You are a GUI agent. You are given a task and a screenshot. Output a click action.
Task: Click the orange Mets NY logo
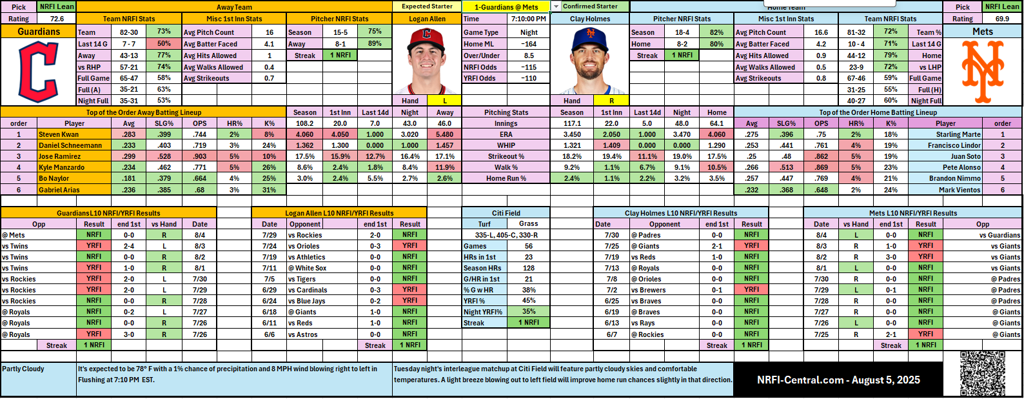pyautogui.click(x=983, y=71)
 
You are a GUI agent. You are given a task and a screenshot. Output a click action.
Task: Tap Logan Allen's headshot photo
pyautogui.click(x=427, y=61)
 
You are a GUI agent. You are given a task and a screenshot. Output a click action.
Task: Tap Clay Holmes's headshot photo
pyautogui.click(x=589, y=61)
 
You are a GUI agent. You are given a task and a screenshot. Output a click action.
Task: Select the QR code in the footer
pyautogui.click(x=982, y=373)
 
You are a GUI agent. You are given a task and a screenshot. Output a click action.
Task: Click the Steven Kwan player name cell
pyautogui.click(x=59, y=134)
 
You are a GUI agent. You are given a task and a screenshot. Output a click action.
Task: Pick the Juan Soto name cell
pyautogui.click(x=965, y=156)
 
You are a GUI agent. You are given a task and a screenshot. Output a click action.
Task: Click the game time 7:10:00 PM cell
pyautogui.click(x=528, y=19)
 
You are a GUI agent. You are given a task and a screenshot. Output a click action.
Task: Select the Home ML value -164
pyautogui.click(x=528, y=44)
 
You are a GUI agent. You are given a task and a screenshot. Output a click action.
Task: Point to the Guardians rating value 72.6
pyautogui.click(x=57, y=19)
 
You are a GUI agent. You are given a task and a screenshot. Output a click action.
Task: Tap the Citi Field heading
pyautogui.click(x=506, y=213)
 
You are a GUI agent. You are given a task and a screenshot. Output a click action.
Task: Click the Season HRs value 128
pyautogui.click(x=528, y=268)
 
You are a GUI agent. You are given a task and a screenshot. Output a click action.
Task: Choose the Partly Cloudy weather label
pyautogui.click(x=23, y=369)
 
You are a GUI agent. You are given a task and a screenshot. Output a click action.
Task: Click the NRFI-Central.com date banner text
pyautogui.click(x=838, y=380)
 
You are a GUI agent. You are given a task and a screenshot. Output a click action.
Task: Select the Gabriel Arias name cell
pyautogui.click(x=59, y=190)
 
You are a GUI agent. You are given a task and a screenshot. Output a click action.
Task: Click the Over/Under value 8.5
pyautogui.click(x=528, y=56)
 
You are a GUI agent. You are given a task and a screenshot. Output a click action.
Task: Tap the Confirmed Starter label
pyautogui.click(x=589, y=6)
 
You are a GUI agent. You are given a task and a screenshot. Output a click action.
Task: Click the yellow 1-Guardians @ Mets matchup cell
pyautogui.click(x=506, y=7)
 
